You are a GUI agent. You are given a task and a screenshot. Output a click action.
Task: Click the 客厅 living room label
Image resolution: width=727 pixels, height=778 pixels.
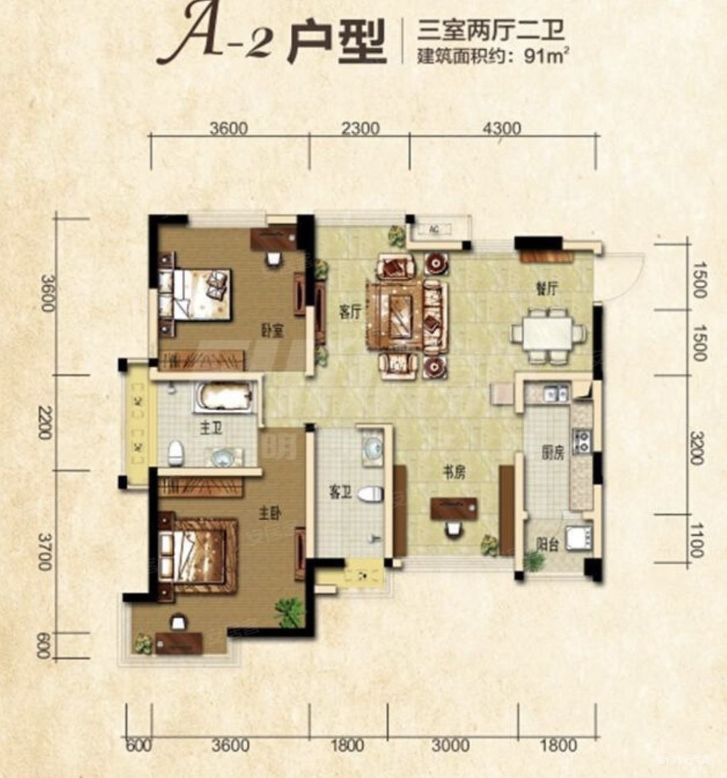[350, 312]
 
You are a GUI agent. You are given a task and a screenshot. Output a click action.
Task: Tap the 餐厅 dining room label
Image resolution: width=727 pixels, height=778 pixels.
[547, 289]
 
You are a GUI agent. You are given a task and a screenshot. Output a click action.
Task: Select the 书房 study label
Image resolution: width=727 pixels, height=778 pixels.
[454, 472]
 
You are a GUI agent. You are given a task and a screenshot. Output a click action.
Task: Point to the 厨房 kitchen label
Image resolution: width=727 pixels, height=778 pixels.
[553, 453]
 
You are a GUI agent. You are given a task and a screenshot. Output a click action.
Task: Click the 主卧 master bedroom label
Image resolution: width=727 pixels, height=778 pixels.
[269, 514]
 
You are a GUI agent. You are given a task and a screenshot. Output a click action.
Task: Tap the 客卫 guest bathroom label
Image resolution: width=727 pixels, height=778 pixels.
[341, 493]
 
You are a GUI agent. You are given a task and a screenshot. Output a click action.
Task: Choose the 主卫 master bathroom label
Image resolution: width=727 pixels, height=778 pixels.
[211, 427]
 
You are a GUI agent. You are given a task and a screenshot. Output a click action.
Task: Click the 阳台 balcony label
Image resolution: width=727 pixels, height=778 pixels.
[548, 544]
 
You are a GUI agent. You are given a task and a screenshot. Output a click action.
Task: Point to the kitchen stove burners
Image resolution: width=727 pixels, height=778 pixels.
[581, 441]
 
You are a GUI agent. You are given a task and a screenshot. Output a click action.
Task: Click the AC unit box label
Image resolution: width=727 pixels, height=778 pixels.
[435, 229]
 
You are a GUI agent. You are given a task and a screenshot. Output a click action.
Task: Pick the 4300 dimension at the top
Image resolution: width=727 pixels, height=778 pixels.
[502, 128]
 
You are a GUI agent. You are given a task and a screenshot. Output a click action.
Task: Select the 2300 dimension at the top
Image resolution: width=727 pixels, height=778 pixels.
[360, 128]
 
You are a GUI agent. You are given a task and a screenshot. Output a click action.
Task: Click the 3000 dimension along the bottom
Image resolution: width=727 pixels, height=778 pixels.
[450, 745]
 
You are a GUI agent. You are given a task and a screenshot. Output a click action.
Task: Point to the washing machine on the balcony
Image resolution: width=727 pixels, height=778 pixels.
[578, 538]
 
